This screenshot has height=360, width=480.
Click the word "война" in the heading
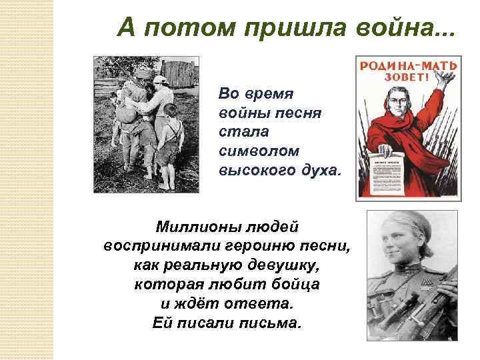point(399,27)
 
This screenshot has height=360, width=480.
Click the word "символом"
point(253,151)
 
